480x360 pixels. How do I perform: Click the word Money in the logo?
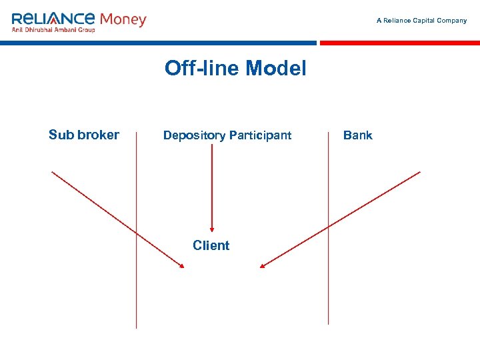coord(123,19)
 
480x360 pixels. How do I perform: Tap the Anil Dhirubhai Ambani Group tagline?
coord(53,30)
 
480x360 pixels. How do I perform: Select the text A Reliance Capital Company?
coord(421,21)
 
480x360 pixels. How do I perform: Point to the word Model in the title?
coord(276,68)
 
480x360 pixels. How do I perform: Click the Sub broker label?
coord(84,135)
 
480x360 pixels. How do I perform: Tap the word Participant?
coord(260,135)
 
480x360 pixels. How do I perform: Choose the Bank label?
coord(357,135)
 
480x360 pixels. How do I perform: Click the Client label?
coord(211,245)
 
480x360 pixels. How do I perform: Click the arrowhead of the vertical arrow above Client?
coord(212,227)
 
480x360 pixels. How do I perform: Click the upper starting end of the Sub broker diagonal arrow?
coord(53,172)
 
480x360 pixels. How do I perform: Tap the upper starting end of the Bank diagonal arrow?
coord(419,172)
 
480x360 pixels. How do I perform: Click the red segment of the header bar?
coord(400,43)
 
